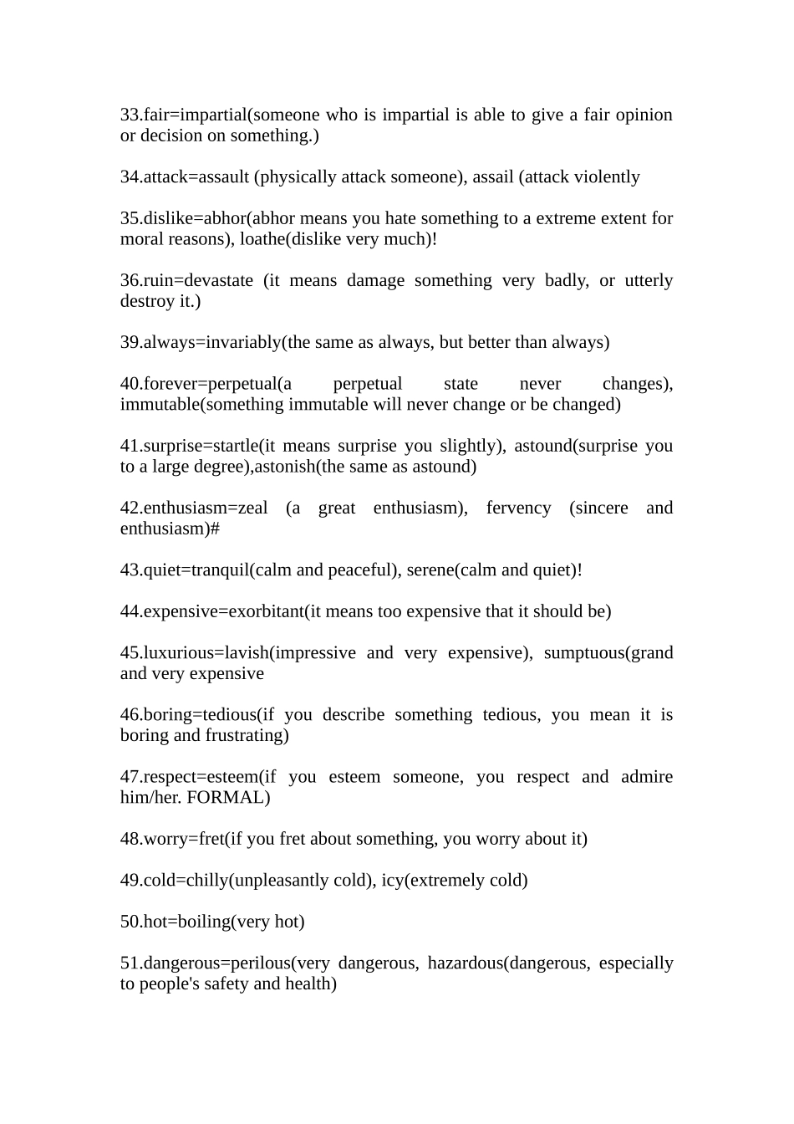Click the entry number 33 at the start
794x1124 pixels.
point(130,115)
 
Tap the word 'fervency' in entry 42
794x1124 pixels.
point(518,508)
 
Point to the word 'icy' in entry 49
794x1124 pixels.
point(392,881)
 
